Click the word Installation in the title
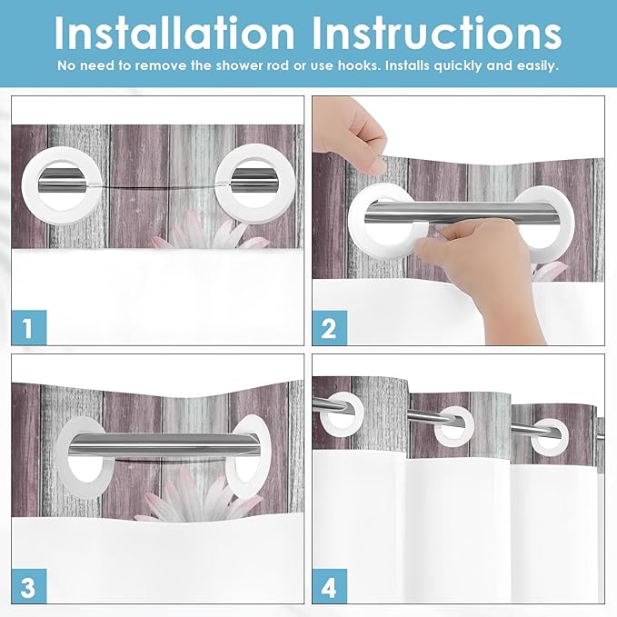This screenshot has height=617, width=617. [x=174, y=33]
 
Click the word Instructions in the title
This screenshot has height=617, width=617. [x=437, y=33]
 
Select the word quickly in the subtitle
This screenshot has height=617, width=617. [x=458, y=65]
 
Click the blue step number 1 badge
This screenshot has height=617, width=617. [x=29, y=327]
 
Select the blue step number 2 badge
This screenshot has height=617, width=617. [x=329, y=328]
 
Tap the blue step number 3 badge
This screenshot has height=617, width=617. [x=29, y=586]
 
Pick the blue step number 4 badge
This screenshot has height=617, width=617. [x=329, y=586]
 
